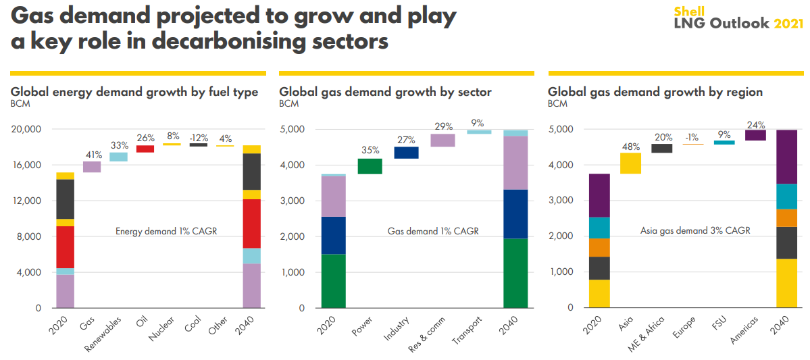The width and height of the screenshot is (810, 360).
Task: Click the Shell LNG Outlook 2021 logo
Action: tap(738, 18)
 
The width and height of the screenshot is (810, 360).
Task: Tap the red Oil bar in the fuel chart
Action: tap(145, 149)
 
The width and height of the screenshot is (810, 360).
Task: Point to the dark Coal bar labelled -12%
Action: tap(198, 145)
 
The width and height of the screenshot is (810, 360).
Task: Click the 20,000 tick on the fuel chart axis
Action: tap(27, 129)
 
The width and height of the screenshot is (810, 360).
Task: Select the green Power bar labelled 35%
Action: tap(370, 166)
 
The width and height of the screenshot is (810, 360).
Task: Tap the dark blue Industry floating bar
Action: tap(406, 153)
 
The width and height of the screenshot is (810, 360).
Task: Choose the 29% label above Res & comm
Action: tap(443, 126)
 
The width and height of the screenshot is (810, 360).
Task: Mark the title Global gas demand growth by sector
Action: tap(386, 92)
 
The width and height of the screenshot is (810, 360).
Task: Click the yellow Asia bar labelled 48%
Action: tap(631, 163)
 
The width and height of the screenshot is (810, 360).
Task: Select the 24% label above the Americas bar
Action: tap(755, 124)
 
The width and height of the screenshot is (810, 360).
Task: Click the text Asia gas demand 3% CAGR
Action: tap(695, 231)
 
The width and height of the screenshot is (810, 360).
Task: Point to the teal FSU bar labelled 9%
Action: tap(724, 143)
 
